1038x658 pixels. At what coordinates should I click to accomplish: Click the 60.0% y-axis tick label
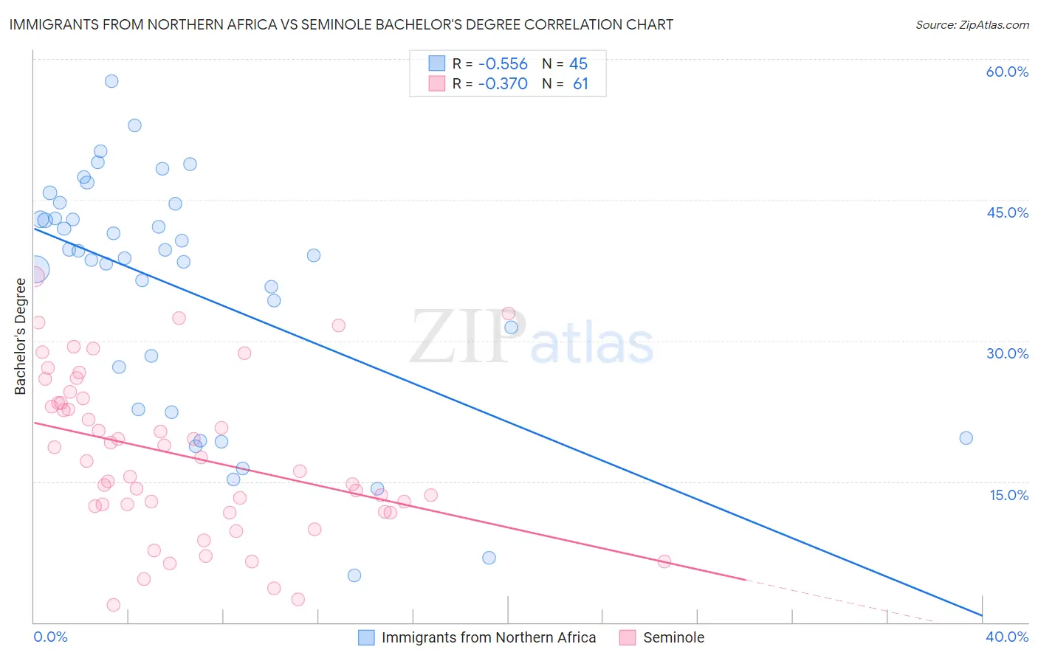[1007, 72]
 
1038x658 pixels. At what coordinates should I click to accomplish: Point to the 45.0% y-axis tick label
[1007, 212]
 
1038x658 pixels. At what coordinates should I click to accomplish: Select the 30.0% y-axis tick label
[1007, 353]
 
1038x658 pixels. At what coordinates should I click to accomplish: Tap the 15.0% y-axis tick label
[1008, 495]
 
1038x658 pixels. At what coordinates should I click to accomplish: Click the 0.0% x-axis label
[50, 637]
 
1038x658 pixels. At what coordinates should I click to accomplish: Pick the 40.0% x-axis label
[1007, 637]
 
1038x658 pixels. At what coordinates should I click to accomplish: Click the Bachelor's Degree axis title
[20, 336]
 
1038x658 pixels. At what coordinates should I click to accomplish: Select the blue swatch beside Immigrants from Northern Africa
[366, 637]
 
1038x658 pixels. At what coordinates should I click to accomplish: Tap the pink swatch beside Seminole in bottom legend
[628, 637]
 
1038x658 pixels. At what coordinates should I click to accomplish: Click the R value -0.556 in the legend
[502, 63]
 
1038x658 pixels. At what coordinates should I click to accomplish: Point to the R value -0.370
[502, 84]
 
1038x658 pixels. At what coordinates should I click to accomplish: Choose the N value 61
[580, 84]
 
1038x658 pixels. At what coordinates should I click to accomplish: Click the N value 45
[578, 63]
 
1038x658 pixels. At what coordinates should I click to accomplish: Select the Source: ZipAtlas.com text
[972, 25]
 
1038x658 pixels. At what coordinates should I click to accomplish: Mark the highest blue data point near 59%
[111, 81]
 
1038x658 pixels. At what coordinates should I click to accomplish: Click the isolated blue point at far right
[966, 438]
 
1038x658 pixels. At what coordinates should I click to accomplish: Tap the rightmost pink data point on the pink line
[664, 561]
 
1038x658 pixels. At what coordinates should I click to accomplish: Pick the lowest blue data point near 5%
[354, 575]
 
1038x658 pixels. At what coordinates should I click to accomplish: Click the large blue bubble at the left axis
[35, 270]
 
